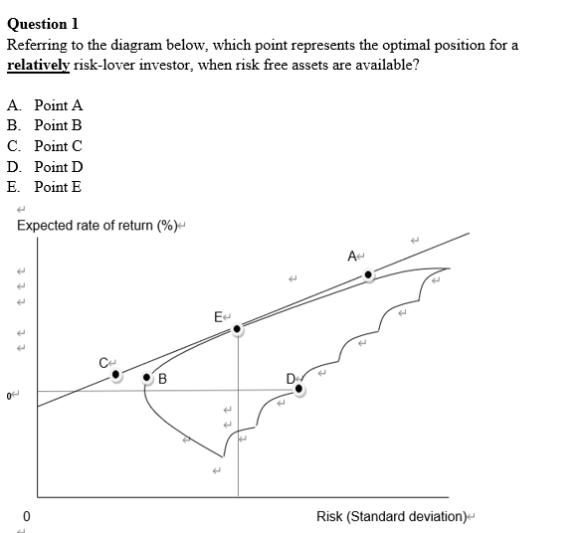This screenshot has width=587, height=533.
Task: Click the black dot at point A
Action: pos(369,274)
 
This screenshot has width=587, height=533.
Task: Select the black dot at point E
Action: pos(237,330)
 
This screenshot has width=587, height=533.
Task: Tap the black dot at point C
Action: pos(117,375)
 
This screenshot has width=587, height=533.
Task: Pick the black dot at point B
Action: pos(148,379)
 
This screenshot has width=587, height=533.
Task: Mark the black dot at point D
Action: pos(299,390)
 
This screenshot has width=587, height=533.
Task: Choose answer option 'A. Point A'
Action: pos(45,104)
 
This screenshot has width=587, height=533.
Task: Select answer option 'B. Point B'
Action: pos(45,125)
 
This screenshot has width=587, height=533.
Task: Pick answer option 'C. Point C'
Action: pos(45,146)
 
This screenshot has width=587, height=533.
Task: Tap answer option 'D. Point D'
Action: pos(45,166)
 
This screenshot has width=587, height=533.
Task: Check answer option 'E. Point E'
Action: pos(45,187)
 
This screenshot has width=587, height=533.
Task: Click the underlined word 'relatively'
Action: pos(38,65)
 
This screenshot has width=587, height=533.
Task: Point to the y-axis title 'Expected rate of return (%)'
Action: pos(96,225)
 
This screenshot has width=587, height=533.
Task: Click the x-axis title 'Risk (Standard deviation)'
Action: pos(391,516)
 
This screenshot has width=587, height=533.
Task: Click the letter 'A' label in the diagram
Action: pos(353,257)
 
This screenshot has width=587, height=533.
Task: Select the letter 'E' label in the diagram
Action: pos(218,317)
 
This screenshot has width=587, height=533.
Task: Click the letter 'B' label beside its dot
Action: pos(162,379)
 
